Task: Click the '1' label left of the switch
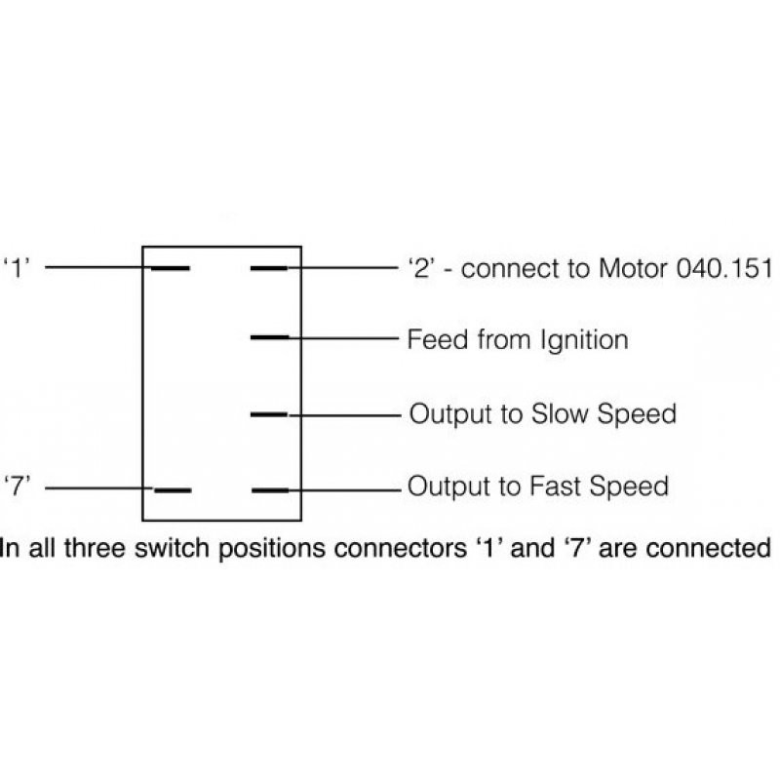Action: (19, 267)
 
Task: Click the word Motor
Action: (635, 268)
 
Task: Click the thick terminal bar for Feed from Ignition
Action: (270, 337)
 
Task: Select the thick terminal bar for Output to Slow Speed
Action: (270, 414)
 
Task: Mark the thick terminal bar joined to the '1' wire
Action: (171, 267)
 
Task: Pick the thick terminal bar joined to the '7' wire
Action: (173, 490)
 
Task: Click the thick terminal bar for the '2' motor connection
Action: (270, 267)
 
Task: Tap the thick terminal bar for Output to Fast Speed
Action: (270, 490)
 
